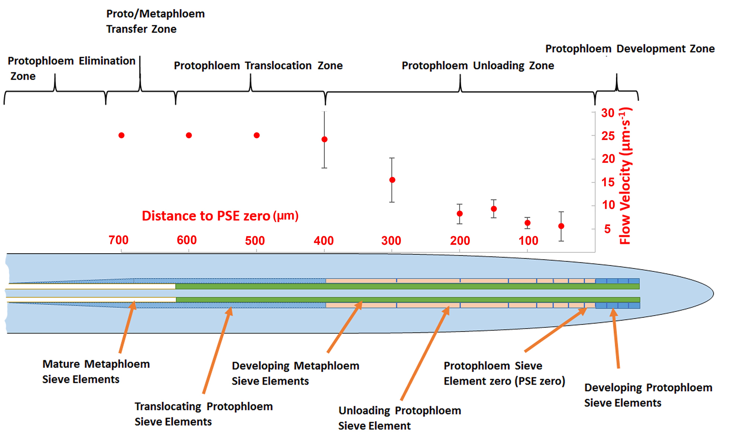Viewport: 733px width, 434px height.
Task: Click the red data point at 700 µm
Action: [121, 135]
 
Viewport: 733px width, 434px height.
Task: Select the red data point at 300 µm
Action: [392, 180]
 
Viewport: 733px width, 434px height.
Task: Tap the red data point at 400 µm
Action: [324, 139]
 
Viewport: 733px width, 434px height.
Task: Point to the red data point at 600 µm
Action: [189, 135]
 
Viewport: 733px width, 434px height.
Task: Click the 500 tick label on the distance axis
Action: [255, 240]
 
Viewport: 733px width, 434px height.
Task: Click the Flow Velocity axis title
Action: [625, 175]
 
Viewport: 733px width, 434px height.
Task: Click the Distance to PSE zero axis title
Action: [220, 216]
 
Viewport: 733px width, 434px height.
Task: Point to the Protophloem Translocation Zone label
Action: [258, 66]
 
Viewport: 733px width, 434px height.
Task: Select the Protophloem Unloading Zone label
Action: [478, 66]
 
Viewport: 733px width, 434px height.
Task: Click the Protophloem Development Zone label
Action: [630, 49]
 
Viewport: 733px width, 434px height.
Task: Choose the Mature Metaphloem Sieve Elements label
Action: [96, 371]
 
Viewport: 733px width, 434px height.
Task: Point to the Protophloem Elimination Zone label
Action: [71, 68]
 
